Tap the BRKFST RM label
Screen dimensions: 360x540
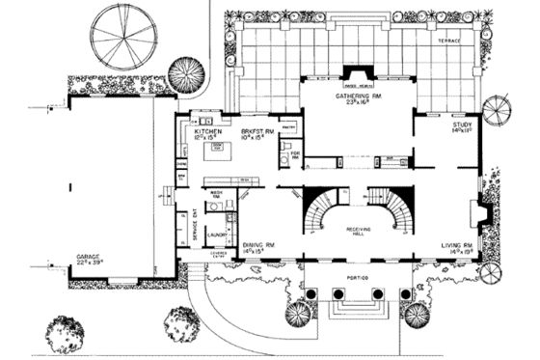click(256, 130)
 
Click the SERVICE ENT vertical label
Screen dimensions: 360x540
click(194, 228)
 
